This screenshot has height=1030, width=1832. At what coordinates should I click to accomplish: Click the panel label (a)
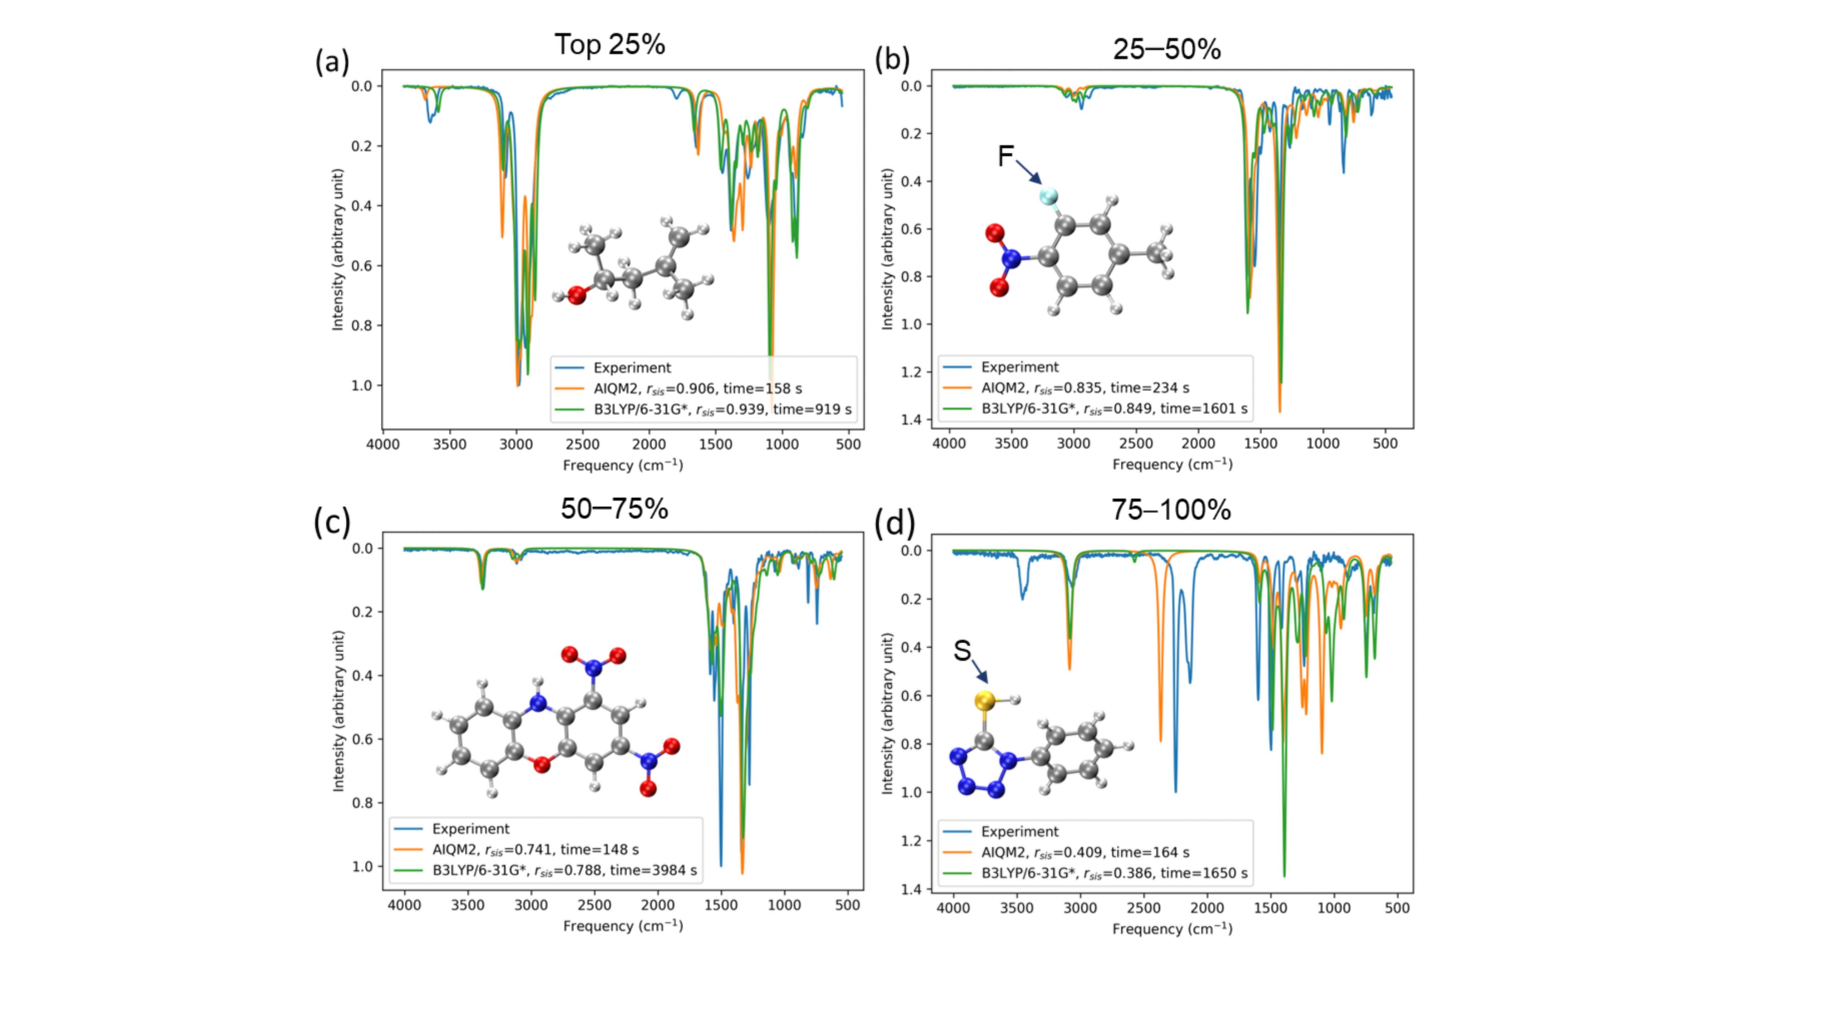click(x=332, y=63)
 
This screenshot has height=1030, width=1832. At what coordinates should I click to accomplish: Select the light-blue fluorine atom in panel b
click(x=1048, y=196)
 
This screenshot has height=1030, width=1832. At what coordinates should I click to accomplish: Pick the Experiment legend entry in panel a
click(x=632, y=368)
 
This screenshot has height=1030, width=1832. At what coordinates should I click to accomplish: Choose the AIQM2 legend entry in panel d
click(x=1085, y=852)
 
